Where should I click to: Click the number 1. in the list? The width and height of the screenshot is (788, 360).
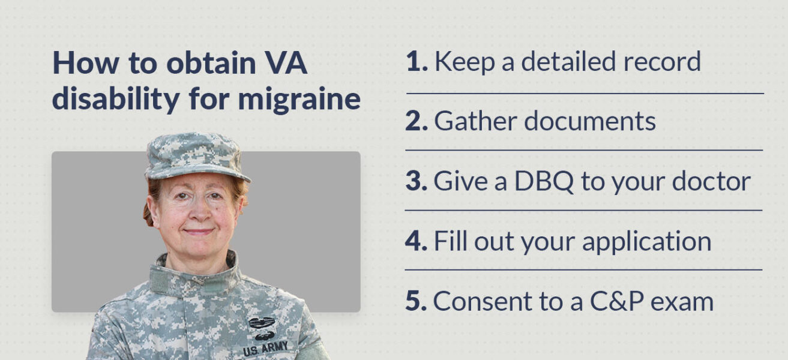coord(416,62)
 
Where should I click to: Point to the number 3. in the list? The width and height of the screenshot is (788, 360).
coord(415,181)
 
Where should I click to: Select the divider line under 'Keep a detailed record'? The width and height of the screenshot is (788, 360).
coord(585,94)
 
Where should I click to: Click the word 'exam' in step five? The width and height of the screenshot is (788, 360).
coord(686,301)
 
